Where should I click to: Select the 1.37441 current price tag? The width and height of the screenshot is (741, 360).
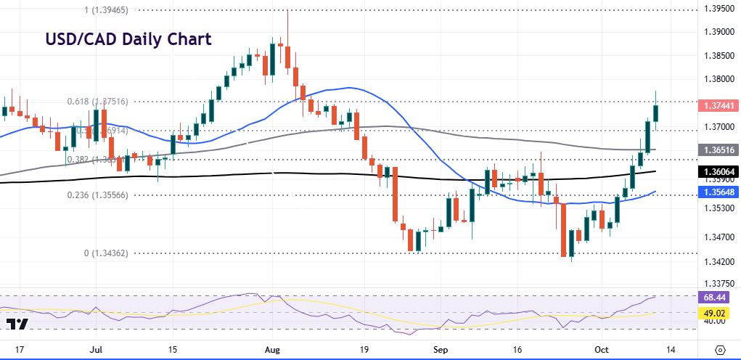tap(718, 106)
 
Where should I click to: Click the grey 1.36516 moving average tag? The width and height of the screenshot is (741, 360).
tap(718, 150)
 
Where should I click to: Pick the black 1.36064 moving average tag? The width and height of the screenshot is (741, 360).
tap(718, 171)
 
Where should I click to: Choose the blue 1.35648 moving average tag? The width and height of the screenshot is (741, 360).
tap(718, 192)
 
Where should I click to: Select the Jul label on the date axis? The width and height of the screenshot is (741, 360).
tap(95, 348)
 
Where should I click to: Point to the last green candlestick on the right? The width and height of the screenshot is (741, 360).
tap(656, 112)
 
